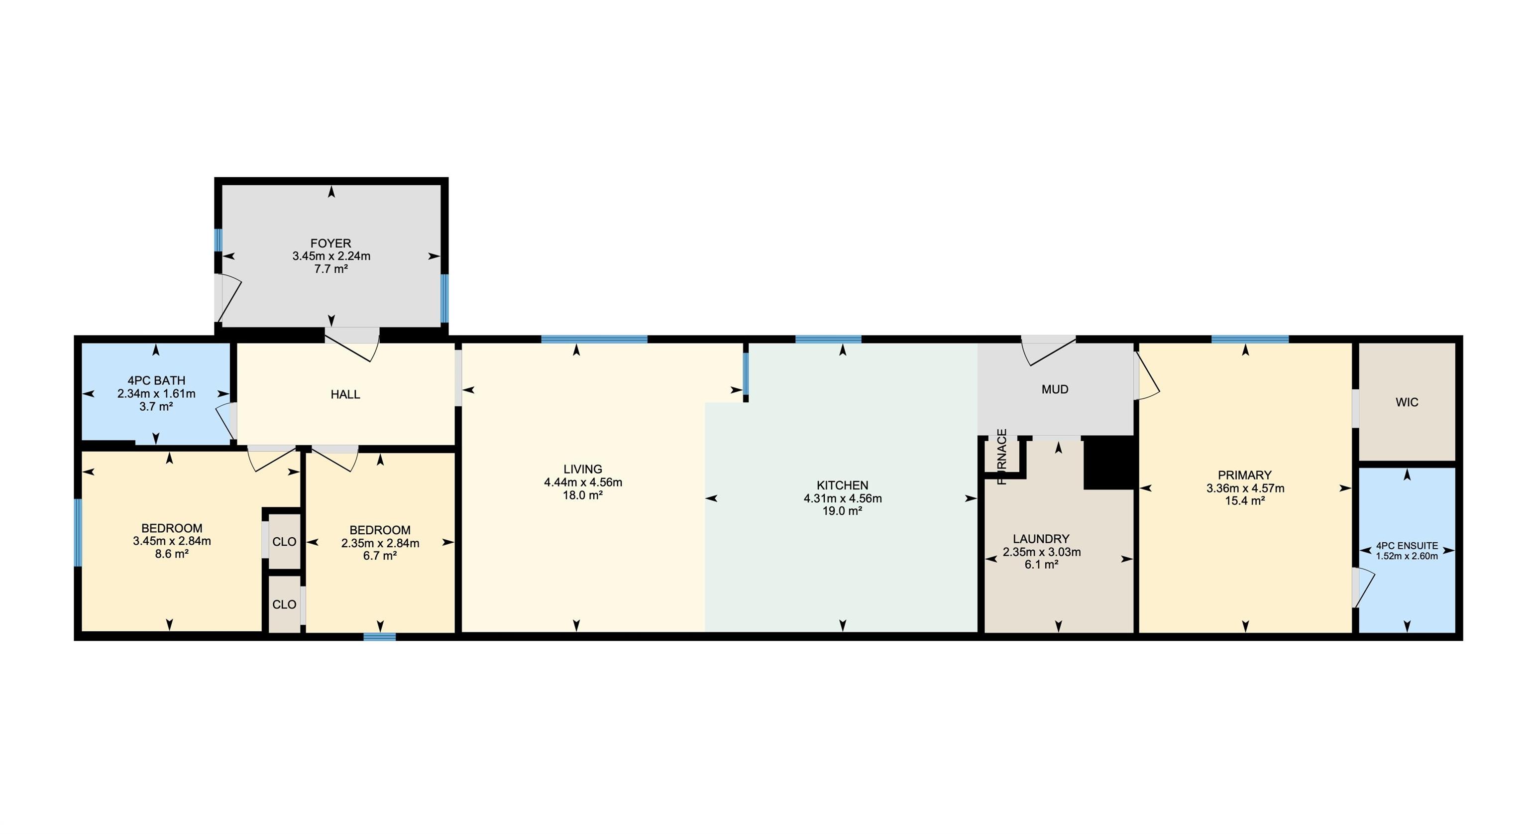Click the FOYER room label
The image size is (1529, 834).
330,243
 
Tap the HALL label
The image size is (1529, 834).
345,394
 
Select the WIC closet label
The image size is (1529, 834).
1407,402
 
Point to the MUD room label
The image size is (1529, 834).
1055,389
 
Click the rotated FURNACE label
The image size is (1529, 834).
1002,457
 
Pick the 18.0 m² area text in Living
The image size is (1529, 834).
583,495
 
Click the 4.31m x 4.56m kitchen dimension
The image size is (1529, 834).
842,498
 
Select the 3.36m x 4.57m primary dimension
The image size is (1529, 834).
1245,488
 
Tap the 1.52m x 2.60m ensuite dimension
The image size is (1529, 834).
1407,556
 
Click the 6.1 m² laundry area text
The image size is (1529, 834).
1041,565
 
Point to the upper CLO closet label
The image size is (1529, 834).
284,542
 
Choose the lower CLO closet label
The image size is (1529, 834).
284,604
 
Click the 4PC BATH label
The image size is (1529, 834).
156,380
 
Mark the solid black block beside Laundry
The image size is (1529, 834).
1109,463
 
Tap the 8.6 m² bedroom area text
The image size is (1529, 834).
172,554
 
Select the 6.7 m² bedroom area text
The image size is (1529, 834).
380,556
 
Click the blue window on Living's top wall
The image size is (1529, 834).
594,340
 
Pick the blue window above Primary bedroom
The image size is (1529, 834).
1250,340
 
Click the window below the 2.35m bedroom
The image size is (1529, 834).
380,637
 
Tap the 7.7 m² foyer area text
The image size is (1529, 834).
330,269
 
